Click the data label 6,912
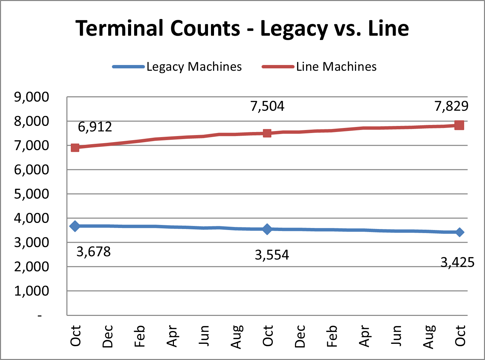(95, 127)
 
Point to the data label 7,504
(267, 106)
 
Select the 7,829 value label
(451, 106)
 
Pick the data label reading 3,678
(93, 252)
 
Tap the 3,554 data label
(272, 255)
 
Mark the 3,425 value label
(457, 262)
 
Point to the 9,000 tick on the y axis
(31, 97)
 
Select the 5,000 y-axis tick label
(31, 194)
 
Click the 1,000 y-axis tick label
(31, 291)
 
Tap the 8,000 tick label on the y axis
(31, 121)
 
